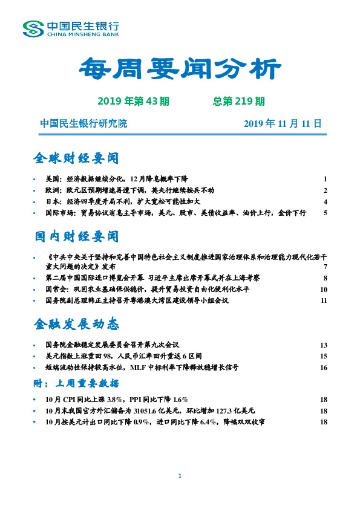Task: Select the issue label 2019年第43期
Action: pos(134,101)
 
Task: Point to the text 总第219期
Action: pos(239,101)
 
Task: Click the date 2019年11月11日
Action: pos(282,124)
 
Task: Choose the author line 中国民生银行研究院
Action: pos(83,124)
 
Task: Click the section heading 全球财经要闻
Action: pos(76,158)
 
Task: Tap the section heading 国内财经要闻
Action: pos(76,235)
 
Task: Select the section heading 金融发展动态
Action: pos(76,324)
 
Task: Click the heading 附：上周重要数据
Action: pos(76,383)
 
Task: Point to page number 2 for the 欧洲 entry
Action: pos(325,190)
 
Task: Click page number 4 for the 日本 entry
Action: pos(325,202)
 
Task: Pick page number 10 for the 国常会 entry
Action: pos(324,290)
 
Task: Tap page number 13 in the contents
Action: pos(324,345)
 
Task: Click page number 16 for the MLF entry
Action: pos(324,367)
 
